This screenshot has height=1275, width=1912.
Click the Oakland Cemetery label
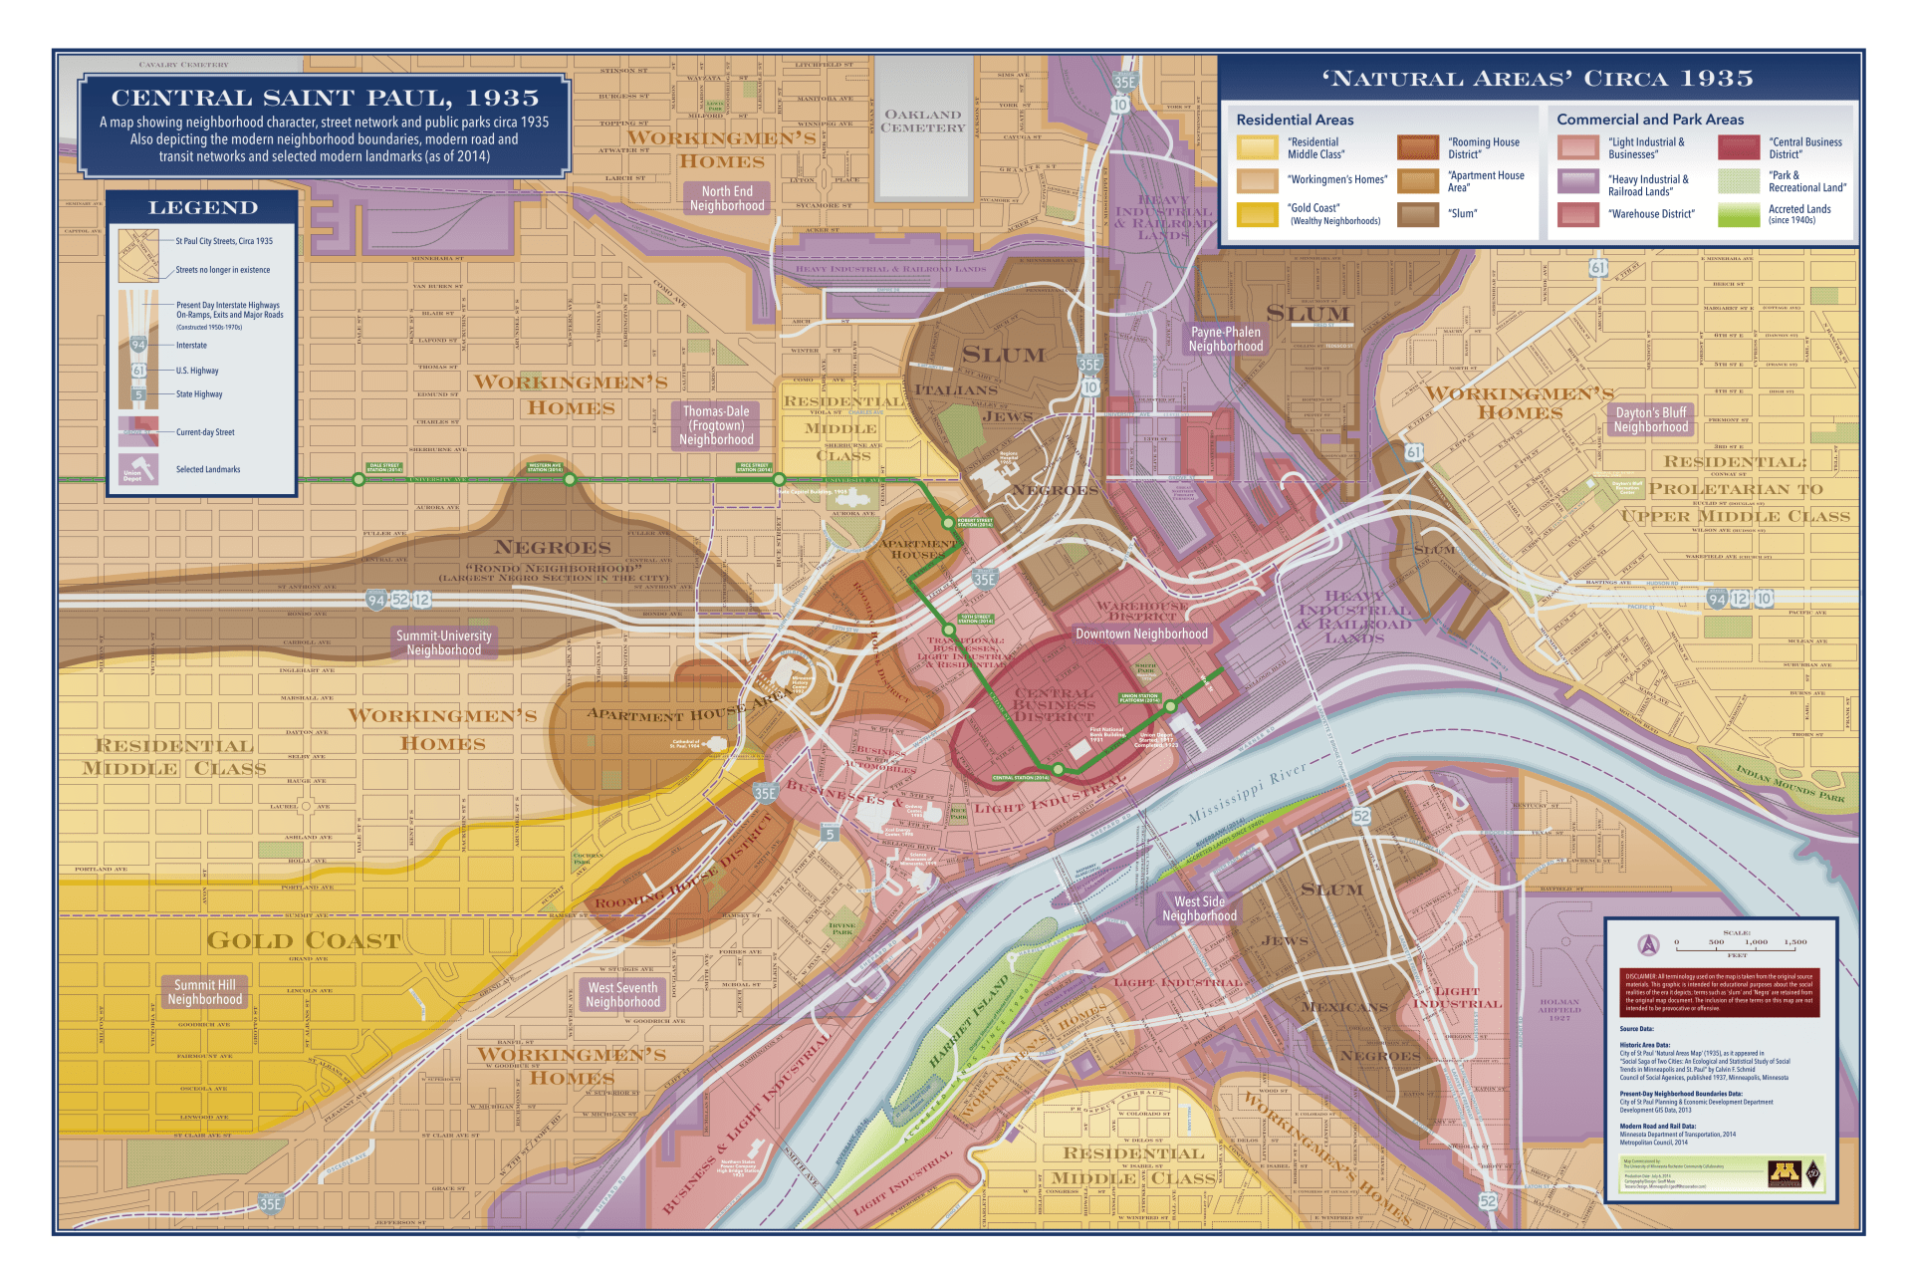point(923,122)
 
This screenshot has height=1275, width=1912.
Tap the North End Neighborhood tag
point(727,198)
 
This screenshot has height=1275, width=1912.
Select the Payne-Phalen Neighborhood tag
point(1225,339)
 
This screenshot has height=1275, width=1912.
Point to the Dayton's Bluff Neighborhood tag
point(1650,419)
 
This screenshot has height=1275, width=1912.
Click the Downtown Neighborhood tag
point(1141,634)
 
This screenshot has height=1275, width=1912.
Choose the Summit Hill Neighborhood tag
point(204,992)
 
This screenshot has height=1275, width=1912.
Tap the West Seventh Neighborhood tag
point(622,995)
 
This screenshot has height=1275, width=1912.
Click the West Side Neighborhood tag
point(1199,908)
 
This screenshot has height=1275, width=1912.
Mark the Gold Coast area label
point(304,940)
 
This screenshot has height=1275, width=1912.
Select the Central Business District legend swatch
point(1738,147)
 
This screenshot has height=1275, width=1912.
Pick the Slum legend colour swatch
point(1417,214)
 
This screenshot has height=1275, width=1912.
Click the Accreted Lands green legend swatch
point(1738,214)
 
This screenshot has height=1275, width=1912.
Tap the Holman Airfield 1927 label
point(1559,1009)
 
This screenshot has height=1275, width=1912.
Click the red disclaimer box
point(1719,992)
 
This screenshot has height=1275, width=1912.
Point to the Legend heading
point(203,207)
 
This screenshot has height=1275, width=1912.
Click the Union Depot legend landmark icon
point(137,469)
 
